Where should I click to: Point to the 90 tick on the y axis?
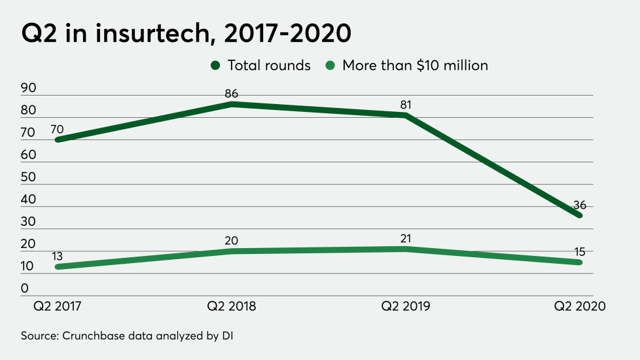point(29,88)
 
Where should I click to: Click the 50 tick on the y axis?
point(29,177)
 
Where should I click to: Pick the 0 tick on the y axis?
point(25,289)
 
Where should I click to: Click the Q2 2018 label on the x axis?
point(232,306)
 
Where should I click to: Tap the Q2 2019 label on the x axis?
point(406,306)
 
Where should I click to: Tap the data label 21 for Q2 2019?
point(406,238)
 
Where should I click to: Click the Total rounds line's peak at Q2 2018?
point(232,104)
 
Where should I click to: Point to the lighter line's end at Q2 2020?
point(580,262)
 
